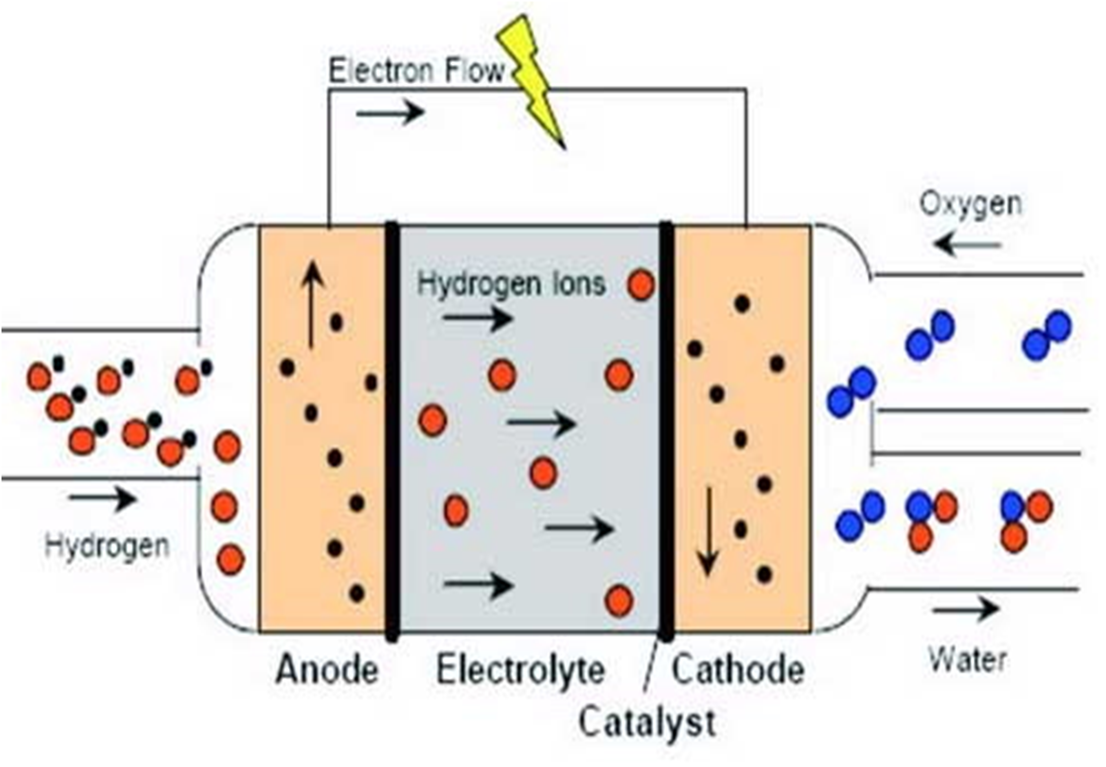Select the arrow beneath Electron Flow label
click(x=390, y=112)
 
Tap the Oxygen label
click(x=971, y=204)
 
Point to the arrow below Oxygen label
click(x=969, y=245)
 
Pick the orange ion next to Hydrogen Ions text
click(x=641, y=285)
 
